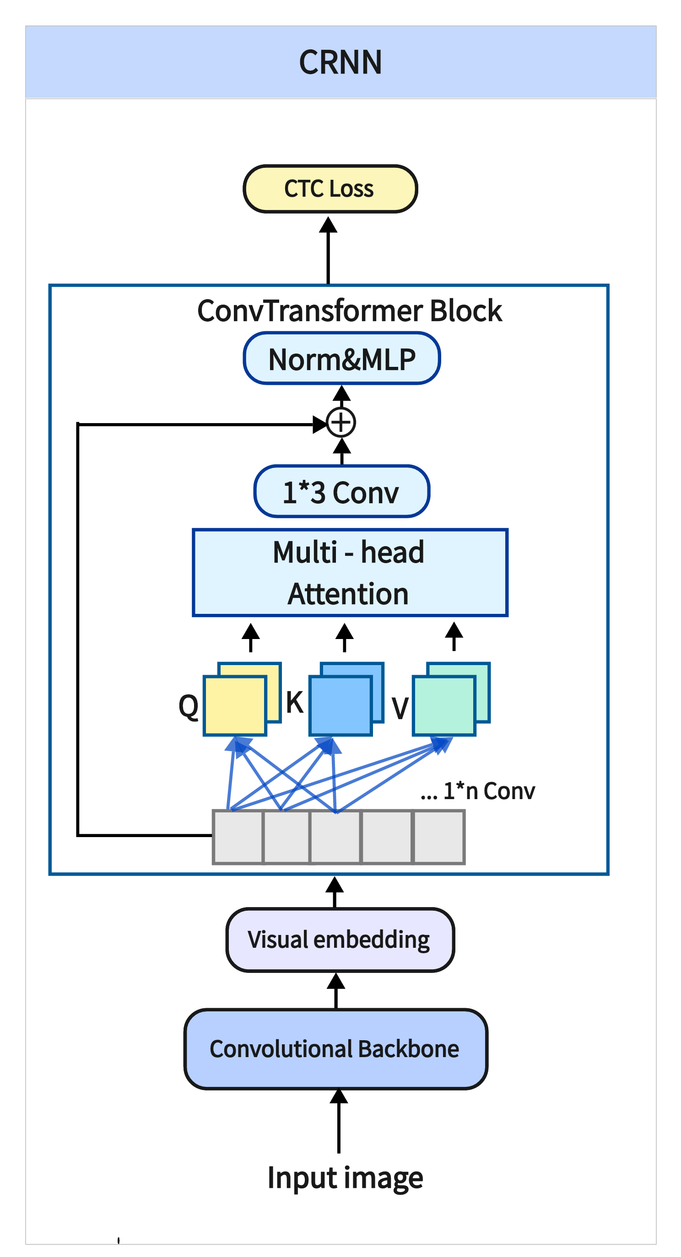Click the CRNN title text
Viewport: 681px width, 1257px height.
(x=340, y=63)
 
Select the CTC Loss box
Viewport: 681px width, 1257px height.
(x=330, y=189)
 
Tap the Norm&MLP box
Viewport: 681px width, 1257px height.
(x=342, y=359)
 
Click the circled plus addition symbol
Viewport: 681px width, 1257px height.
(x=341, y=423)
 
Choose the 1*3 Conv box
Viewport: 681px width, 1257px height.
(x=342, y=491)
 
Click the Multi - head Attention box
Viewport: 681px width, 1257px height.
(x=350, y=572)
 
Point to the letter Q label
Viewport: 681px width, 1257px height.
(x=189, y=706)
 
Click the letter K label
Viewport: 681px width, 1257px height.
(x=294, y=703)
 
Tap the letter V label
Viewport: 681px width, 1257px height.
(x=400, y=708)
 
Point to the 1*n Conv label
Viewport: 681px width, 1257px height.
(x=488, y=791)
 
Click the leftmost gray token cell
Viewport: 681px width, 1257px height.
(x=238, y=837)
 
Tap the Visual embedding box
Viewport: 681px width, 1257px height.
(x=340, y=940)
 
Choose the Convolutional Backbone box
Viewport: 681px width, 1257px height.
(x=335, y=1048)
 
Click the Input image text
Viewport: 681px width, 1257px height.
(x=345, y=1177)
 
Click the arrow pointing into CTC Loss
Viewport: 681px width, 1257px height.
(x=328, y=249)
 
